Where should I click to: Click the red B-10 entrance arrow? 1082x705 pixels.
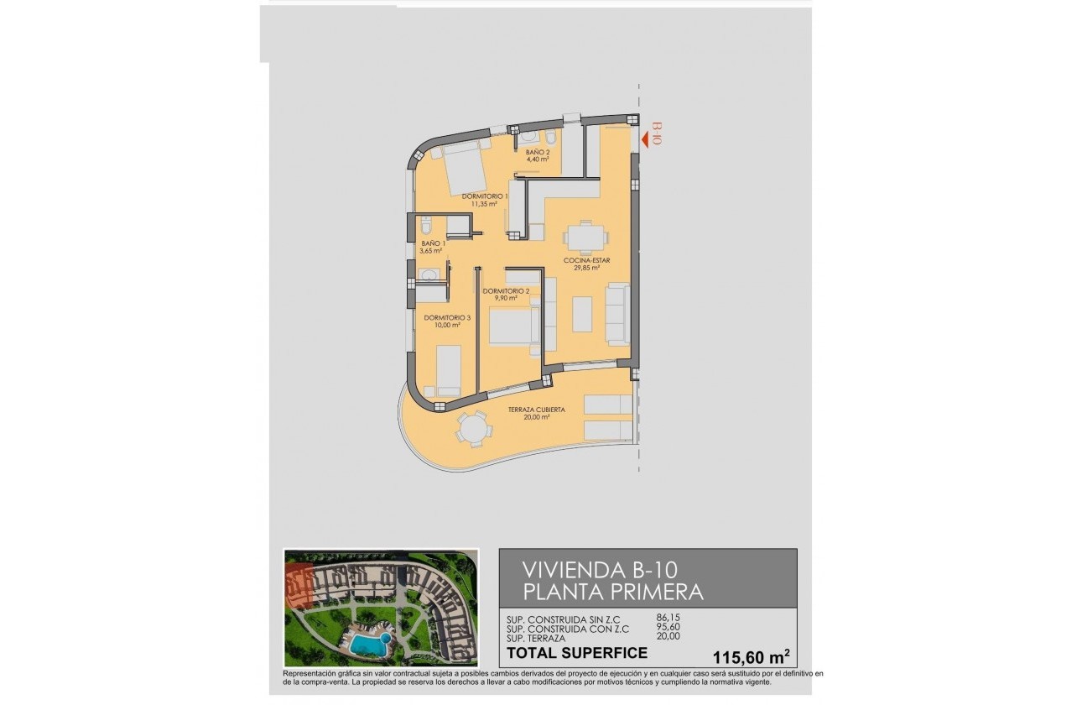coord(646,140)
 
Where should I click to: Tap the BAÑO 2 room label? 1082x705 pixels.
coord(538,156)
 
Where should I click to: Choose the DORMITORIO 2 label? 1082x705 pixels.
coord(506,294)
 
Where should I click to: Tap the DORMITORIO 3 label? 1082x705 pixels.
coord(447,321)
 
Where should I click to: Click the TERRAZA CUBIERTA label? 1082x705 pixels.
coord(536,413)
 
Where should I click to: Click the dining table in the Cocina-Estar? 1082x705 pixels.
coord(584,237)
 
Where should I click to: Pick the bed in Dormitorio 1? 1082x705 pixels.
coord(463,170)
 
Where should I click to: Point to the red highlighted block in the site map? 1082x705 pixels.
coord(298,586)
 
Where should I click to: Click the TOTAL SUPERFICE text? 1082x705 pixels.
coord(577,653)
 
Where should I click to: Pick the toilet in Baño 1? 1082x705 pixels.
coord(426,227)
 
